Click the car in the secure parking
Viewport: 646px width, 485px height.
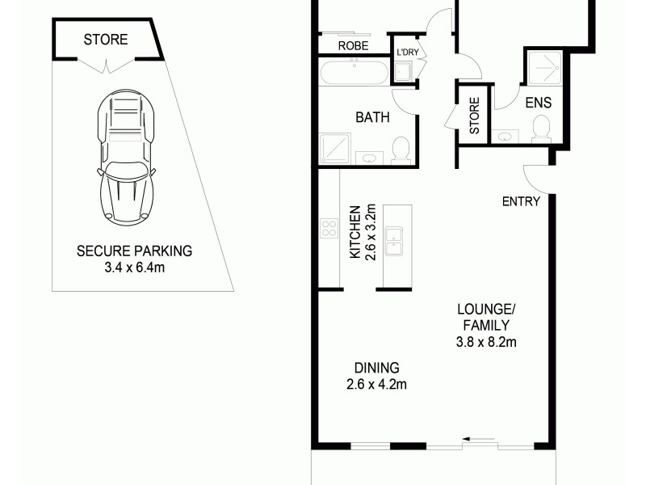pos(126,157)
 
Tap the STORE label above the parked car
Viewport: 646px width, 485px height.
pos(105,39)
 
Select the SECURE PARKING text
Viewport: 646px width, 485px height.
pos(134,251)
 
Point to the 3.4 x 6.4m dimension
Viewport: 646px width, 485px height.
pos(134,266)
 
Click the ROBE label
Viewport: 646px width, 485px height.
pos(353,46)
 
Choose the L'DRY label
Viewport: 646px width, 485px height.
pos(405,52)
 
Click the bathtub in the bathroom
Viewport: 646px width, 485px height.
pos(354,73)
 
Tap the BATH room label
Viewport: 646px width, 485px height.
pos(372,117)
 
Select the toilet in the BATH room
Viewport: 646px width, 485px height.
pos(401,150)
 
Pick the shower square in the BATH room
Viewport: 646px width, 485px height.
pos(334,149)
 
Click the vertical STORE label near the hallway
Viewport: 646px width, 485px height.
pos(474,115)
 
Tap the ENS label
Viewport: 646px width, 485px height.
pos(539,103)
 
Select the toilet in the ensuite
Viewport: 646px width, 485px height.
pos(540,128)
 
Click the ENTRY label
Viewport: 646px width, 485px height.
pos(521,201)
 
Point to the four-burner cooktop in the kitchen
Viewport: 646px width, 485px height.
pos(329,228)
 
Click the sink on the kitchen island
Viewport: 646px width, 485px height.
pos(394,242)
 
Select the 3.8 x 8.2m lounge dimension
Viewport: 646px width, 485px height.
pos(485,342)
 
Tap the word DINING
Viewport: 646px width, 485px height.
pos(371,367)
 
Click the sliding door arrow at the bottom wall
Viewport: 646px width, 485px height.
pos(480,441)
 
